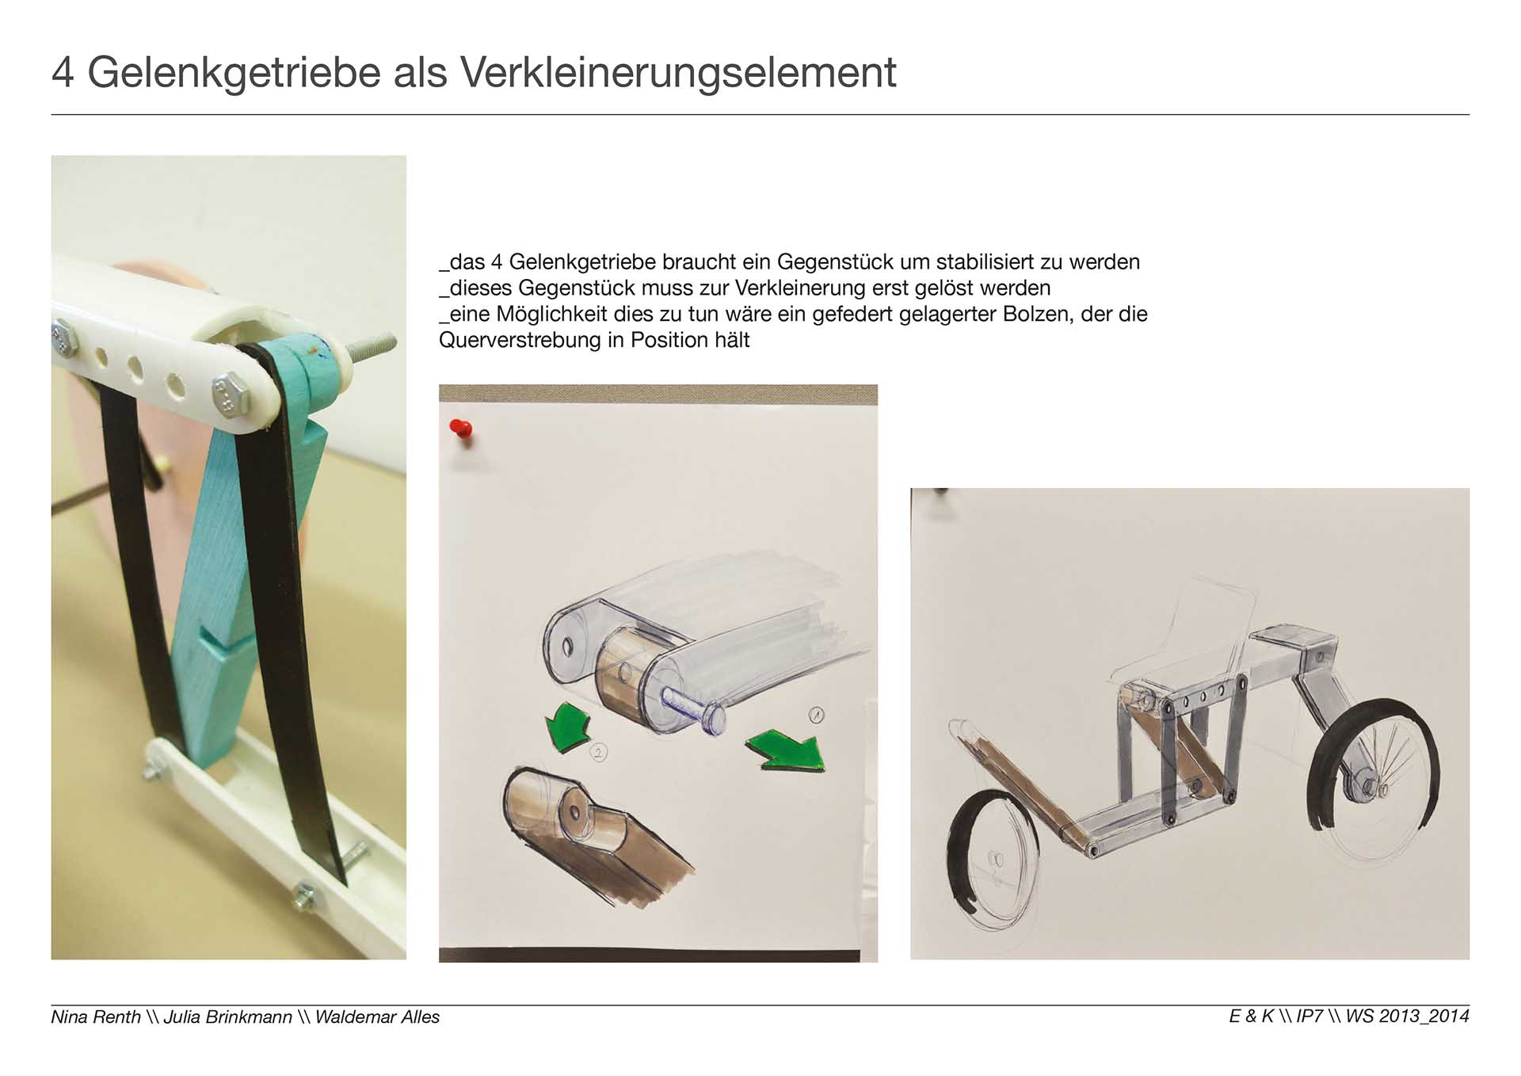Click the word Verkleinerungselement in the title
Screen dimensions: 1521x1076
point(678,73)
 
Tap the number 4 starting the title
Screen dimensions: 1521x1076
point(63,73)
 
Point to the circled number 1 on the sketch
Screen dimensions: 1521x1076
point(816,715)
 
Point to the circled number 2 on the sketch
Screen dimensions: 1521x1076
point(599,752)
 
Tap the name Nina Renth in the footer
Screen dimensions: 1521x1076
point(96,1017)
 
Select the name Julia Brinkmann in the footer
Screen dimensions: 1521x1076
point(228,1017)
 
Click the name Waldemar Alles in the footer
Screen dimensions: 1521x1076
point(377,1017)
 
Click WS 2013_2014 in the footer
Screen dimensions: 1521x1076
point(1408,1017)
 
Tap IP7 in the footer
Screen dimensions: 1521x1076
point(1309,1017)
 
